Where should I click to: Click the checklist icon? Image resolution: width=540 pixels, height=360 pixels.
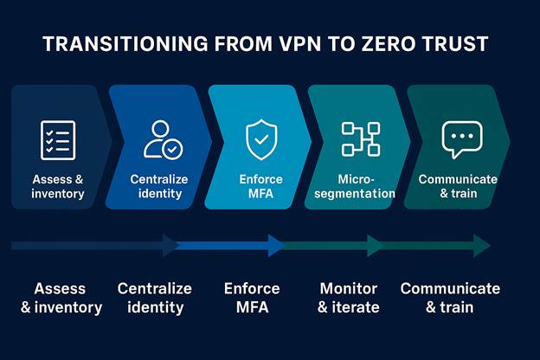[x=58, y=139]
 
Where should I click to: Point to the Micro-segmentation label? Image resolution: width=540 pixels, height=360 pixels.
[x=355, y=186]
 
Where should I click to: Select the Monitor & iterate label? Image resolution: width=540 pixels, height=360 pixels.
[x=349, y=298]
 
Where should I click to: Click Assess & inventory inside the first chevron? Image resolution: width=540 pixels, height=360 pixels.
[x=58, y=186]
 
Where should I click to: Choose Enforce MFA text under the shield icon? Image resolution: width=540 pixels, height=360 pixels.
[x=260, y=186]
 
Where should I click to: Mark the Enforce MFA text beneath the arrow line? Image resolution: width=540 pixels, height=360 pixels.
[x=252, y=298]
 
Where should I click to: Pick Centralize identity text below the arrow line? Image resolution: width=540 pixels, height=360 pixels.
[x=155, y=298]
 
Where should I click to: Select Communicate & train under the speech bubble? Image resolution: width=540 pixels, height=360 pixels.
[x=458, y=186]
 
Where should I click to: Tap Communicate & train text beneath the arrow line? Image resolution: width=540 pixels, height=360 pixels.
[x=450, y=298]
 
